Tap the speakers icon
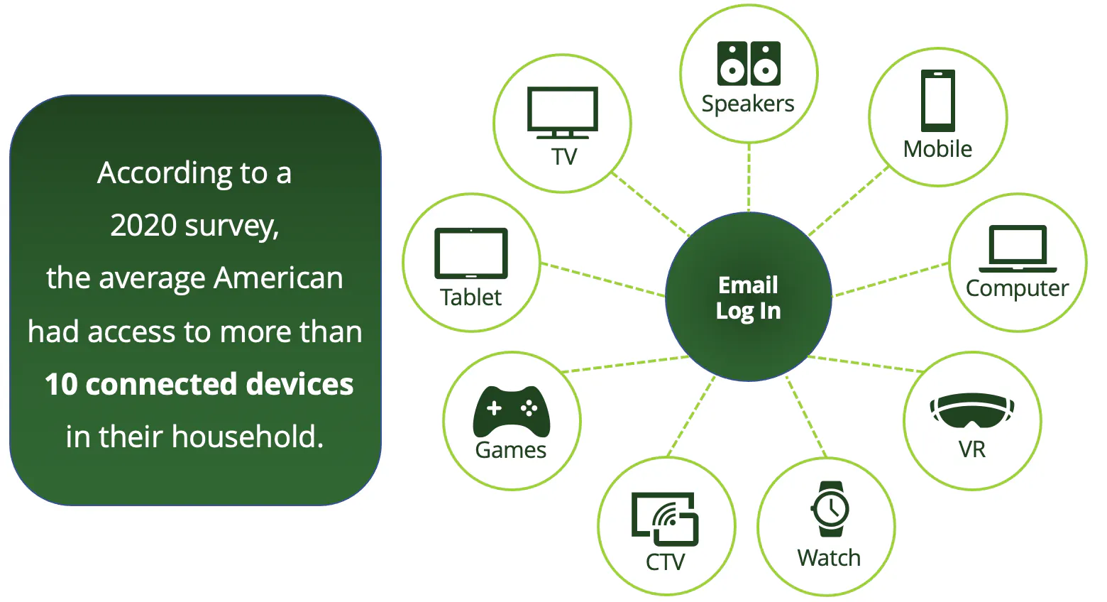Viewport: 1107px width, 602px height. click(749, 63)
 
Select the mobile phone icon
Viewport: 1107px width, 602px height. click(937, 100)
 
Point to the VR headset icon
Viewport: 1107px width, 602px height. click(971, 411)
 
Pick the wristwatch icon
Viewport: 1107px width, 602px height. click(830, 509)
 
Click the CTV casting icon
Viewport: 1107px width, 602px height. click(665, 519)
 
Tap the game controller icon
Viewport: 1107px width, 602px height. click(511, 411)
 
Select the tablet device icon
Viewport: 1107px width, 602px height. click(471, 253)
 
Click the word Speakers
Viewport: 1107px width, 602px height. click(748, 104)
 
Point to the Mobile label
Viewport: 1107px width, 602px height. click(937, 149)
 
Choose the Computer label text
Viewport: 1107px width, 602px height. click(1017, 288)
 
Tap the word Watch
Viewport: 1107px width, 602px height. click(829, 558)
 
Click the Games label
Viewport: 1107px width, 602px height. click(511, 450)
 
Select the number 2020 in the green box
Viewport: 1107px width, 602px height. click(143, 226)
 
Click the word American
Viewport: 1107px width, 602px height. click(279, 278)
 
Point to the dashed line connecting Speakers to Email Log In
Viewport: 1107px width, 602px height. click(749, 177)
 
